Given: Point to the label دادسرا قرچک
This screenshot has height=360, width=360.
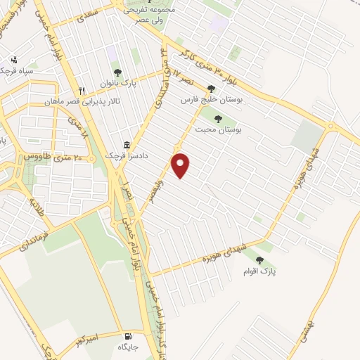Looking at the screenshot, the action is (125, 154).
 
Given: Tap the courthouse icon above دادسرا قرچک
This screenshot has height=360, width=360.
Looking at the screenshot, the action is (127, 142).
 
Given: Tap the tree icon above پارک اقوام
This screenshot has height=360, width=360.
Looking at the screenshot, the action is (259, 260).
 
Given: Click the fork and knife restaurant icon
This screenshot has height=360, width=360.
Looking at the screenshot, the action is (82, 91).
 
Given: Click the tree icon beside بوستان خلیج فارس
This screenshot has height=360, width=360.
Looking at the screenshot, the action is (211, 89).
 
